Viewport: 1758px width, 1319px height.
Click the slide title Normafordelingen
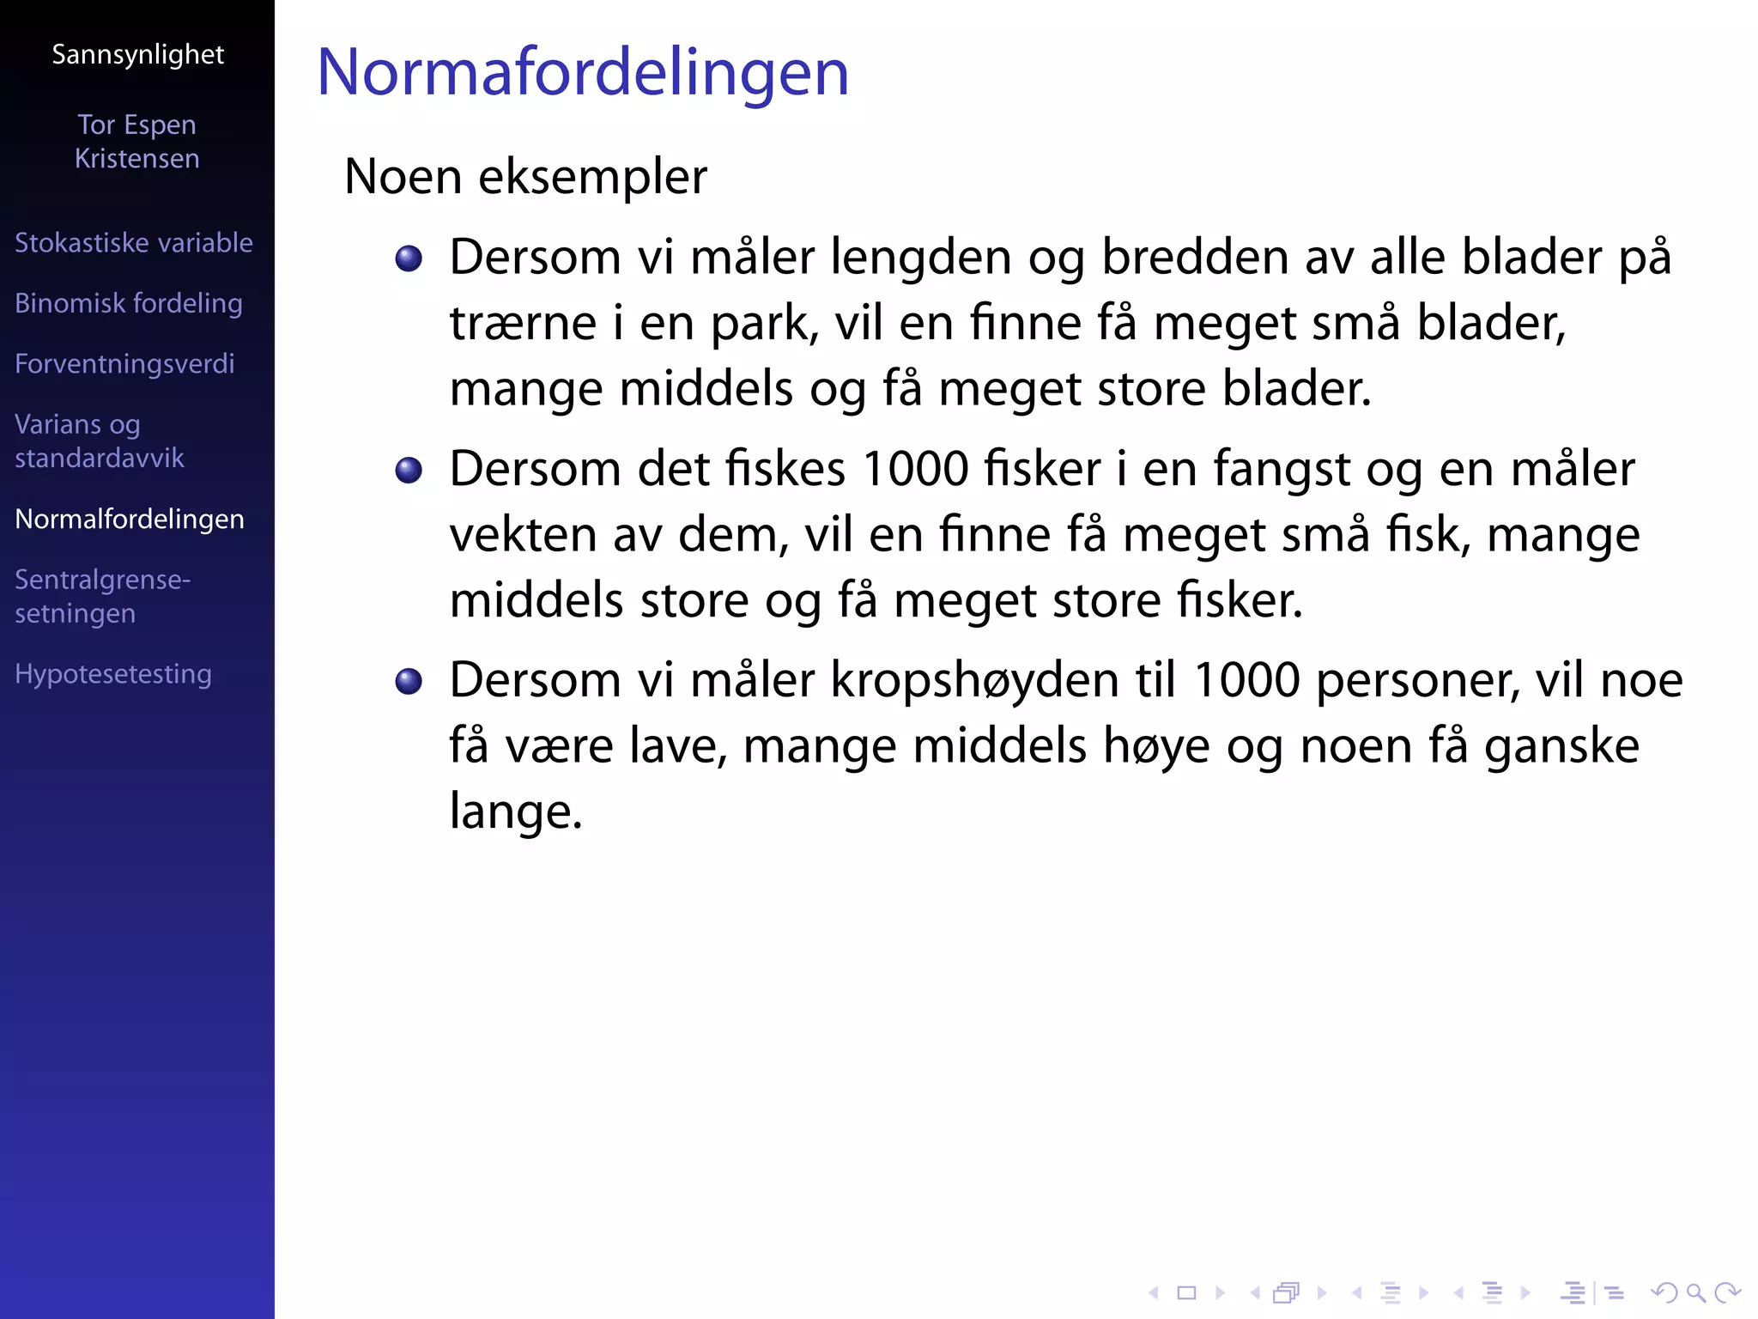(583, 73)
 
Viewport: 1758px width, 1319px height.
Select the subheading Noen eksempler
(525, 177)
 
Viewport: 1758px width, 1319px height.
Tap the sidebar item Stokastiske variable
(134, 243)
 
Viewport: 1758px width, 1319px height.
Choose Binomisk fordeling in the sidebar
(129, 303)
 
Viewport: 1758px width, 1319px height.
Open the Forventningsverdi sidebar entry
(124, 364)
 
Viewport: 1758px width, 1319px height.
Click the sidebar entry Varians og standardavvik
(100, 441)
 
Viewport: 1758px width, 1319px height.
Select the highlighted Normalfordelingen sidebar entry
(130, 520)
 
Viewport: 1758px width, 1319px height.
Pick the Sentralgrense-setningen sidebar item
(102, 597)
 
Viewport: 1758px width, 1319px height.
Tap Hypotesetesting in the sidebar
(113, 674)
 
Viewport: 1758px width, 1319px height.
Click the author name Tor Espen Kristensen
(137, 142)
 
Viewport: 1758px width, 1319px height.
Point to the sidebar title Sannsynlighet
(137, 55)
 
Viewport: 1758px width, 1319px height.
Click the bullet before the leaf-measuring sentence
(409, 258)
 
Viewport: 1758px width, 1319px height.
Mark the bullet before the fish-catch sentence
(409, 470)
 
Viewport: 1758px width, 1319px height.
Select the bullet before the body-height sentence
(409, 681)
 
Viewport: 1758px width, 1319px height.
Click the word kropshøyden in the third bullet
(975, 681)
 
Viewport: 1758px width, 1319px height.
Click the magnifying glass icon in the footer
(1695, 1292)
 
